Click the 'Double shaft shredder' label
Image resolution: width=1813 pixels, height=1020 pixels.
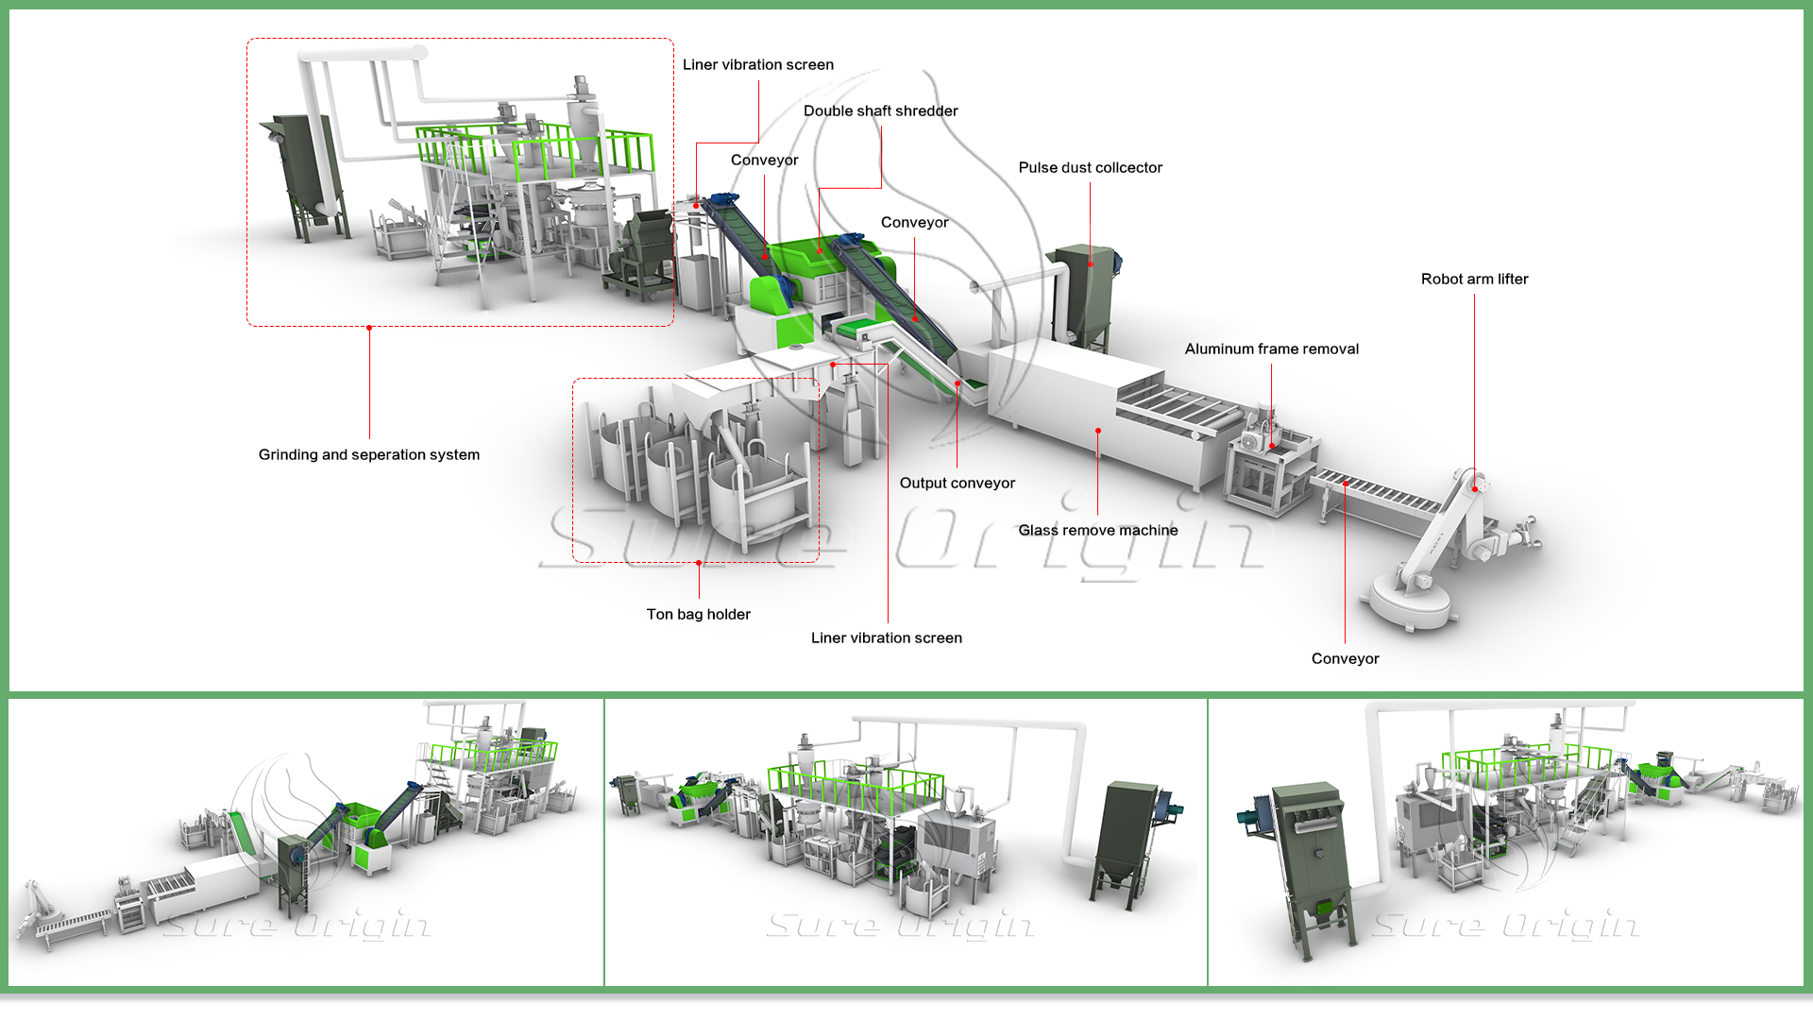(880, 111)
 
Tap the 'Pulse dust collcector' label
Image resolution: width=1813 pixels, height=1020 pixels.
(1090, 168)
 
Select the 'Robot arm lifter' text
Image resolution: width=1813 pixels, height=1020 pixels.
(1474, 280)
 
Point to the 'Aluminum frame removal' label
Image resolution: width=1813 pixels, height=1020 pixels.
(1271, 349)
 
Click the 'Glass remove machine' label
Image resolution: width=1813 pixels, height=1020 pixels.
(1097, 531)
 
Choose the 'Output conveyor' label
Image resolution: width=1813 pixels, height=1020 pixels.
(957, 484)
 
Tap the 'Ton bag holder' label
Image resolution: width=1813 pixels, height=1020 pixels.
(698, 615)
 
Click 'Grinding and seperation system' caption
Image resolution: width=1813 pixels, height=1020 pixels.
(368, 455)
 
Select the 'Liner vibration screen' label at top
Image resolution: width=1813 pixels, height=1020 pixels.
(757, 65)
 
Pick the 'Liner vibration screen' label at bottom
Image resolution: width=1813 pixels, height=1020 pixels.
(886, 638)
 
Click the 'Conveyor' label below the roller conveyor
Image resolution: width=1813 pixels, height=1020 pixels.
(1345, 659)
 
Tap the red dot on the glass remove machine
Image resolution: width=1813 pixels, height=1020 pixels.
(1097, 431)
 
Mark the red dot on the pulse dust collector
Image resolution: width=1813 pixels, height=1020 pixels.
(1090, 264)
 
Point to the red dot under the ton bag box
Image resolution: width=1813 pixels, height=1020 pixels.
(699, 563)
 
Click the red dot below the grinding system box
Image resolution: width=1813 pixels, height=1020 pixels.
(369, 328)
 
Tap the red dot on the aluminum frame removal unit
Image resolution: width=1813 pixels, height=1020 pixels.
(1272, 446)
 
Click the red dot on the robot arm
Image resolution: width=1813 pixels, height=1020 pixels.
(1475, 489)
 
